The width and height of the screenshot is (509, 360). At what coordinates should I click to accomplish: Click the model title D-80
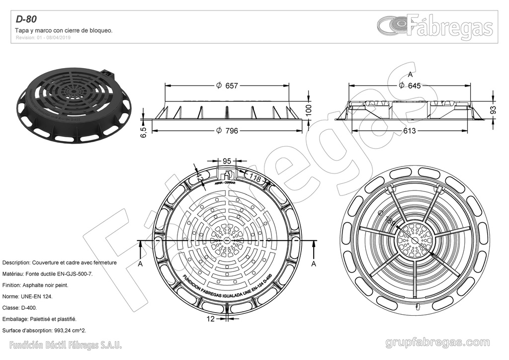click(x=26, y=20)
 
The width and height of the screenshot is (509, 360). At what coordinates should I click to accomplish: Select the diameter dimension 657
click(x=231, y=86)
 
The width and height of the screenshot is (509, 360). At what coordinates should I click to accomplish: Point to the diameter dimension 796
click(x=231, y=131)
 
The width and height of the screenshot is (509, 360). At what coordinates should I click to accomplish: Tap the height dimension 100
click(x=308, y=110)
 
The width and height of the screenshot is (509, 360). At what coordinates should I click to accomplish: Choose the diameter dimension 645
click(x=414, y=86)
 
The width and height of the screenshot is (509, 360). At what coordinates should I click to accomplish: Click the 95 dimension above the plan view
click(x=227, y=161)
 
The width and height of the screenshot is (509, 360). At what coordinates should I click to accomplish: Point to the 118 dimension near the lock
click(x=254, y=178)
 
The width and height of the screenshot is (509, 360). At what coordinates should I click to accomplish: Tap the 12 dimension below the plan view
click(x=211, y=318)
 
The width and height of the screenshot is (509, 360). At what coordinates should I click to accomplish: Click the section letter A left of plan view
click(x=140, y=264)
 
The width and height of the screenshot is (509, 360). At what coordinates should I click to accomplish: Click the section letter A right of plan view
click(x=314, y=264)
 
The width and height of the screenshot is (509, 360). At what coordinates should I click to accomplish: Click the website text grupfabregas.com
click(x=437, y=343)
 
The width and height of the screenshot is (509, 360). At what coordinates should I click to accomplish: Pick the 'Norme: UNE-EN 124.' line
click(x=27, y=296)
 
